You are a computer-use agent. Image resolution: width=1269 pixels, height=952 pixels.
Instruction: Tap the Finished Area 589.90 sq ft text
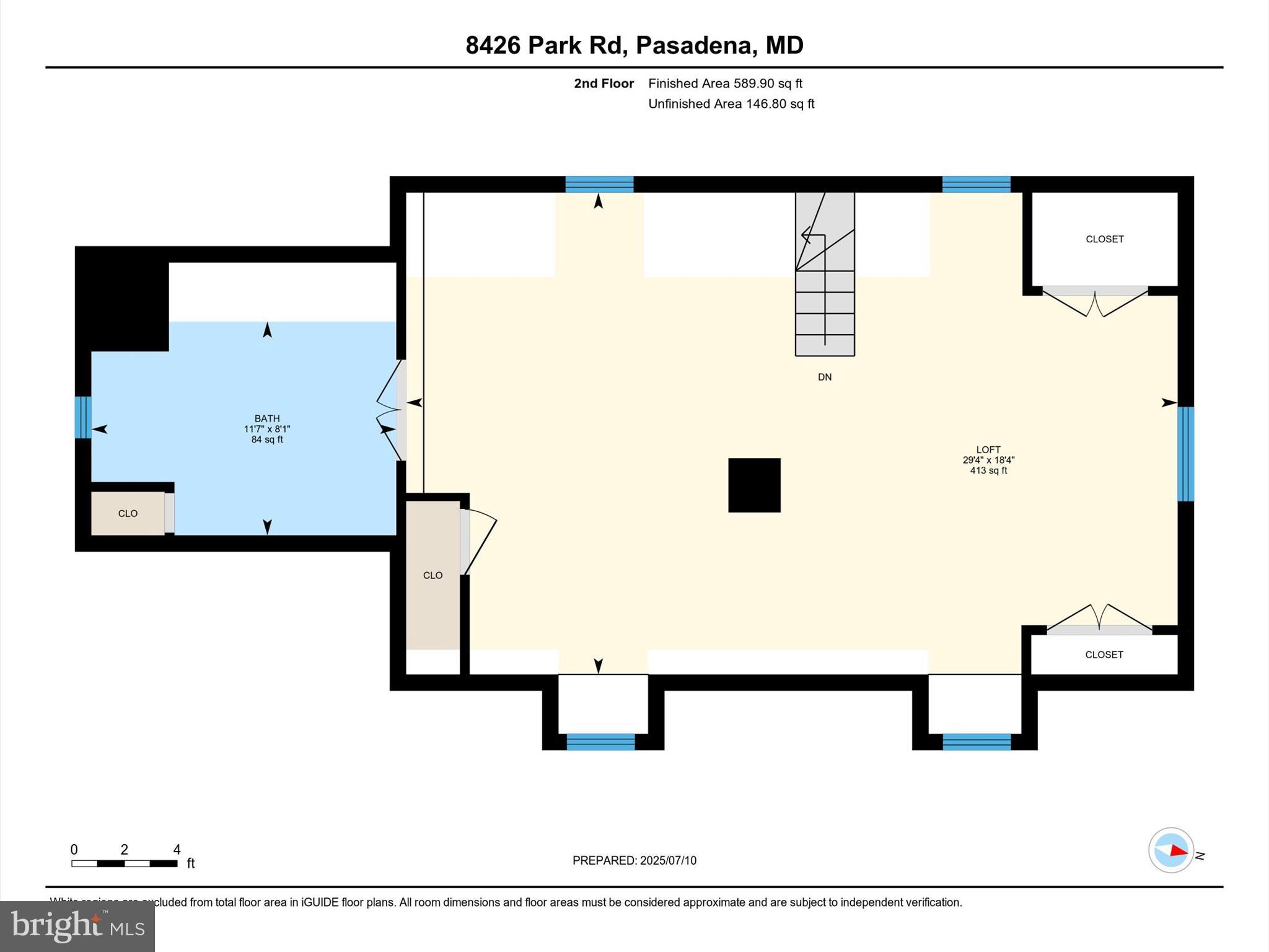725,84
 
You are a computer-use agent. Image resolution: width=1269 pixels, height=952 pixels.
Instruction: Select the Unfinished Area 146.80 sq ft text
731,104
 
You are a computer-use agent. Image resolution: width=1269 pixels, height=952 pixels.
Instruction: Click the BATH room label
267,419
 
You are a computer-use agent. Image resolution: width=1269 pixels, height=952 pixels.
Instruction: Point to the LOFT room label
988,450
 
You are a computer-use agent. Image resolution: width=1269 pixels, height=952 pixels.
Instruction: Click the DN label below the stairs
824,377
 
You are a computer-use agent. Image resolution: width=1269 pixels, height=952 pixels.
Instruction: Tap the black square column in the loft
754,485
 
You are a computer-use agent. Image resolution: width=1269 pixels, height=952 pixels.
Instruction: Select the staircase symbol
825,273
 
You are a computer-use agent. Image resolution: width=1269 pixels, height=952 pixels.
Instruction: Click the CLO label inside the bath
128,514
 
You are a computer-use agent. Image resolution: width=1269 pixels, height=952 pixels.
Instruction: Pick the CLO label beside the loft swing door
433,576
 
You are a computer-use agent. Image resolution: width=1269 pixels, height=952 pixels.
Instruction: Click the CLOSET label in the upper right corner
1104,239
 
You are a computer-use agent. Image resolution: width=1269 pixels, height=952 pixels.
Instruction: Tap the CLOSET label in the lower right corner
1104,654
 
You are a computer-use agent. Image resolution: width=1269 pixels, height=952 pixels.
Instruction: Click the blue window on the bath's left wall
83,417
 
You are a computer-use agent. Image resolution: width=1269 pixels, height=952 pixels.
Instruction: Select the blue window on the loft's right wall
1185,454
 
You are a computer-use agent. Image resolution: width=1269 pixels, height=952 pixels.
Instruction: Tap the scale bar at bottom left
124,863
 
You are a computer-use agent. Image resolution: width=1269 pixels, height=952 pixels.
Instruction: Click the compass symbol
1170,850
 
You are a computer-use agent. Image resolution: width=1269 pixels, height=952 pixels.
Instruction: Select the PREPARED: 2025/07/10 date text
634,860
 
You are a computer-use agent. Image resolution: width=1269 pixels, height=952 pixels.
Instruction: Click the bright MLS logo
77,927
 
